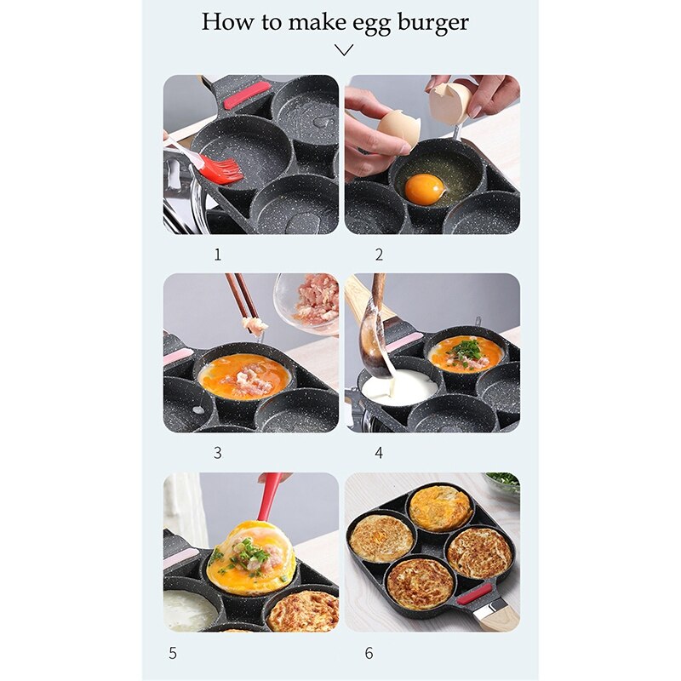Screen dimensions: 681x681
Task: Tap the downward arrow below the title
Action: (344, 50)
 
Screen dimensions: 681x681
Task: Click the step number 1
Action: (217, 255)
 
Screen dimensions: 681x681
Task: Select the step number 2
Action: (379, 255)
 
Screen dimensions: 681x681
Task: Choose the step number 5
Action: (173, 654)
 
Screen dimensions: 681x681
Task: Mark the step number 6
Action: (369, 654)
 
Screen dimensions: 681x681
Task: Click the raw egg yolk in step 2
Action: (423, 189)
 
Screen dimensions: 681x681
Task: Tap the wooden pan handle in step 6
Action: (493, 615)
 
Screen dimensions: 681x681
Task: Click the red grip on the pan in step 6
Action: (474, 593)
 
